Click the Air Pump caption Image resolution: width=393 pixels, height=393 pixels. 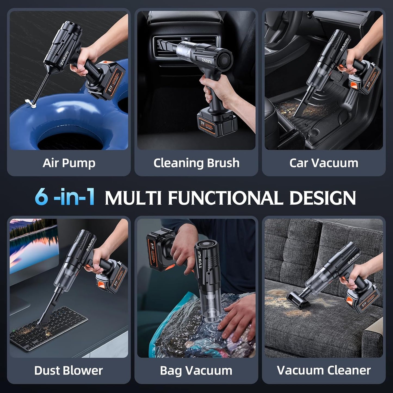tap(69, 163)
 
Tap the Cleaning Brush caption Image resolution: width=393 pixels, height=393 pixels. tap(196, 163)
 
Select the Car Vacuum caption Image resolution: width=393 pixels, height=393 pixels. tap(324, 163)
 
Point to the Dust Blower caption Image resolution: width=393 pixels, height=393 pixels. tap(69, 371)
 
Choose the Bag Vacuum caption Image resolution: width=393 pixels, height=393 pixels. tap(196, 371)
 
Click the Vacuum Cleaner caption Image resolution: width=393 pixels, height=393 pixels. tap(324, 371)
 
